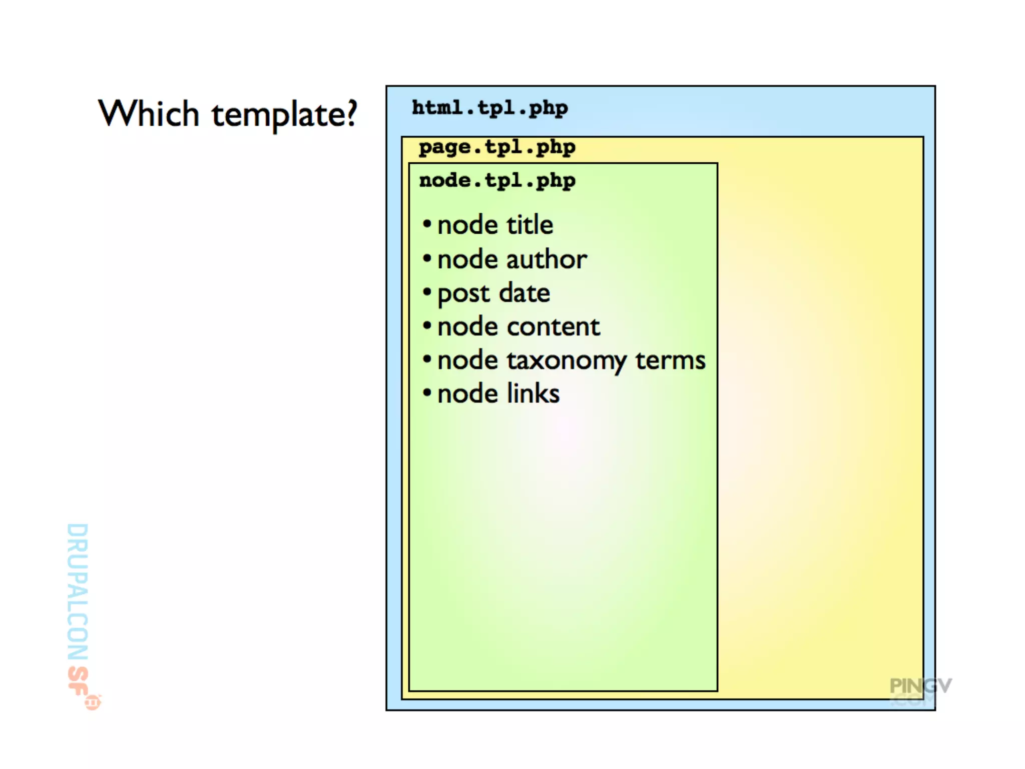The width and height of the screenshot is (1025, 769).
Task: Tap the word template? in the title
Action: [284, 115]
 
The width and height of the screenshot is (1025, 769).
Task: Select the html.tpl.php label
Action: [489, 108]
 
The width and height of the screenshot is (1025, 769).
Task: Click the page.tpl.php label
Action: [497, 148]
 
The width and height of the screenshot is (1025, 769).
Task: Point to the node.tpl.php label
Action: [497, 181]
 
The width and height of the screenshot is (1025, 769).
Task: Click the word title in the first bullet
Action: [530, 225]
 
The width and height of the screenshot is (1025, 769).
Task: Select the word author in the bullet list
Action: [547, 259]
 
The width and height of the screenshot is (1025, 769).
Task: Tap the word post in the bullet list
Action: [463, 294]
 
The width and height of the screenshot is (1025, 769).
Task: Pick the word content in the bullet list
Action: [553, 327]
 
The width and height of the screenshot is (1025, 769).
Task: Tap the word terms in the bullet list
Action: [670, 360]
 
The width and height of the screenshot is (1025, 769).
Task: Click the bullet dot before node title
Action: [427, 224]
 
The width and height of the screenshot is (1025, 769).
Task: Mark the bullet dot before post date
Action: [427, 291]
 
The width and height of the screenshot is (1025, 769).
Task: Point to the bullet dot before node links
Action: [427, 393]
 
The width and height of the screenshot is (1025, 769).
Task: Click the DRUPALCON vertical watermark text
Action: [78, 591]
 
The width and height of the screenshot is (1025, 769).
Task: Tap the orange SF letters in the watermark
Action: [78, 681]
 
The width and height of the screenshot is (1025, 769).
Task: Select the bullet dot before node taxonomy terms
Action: [427, 359]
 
